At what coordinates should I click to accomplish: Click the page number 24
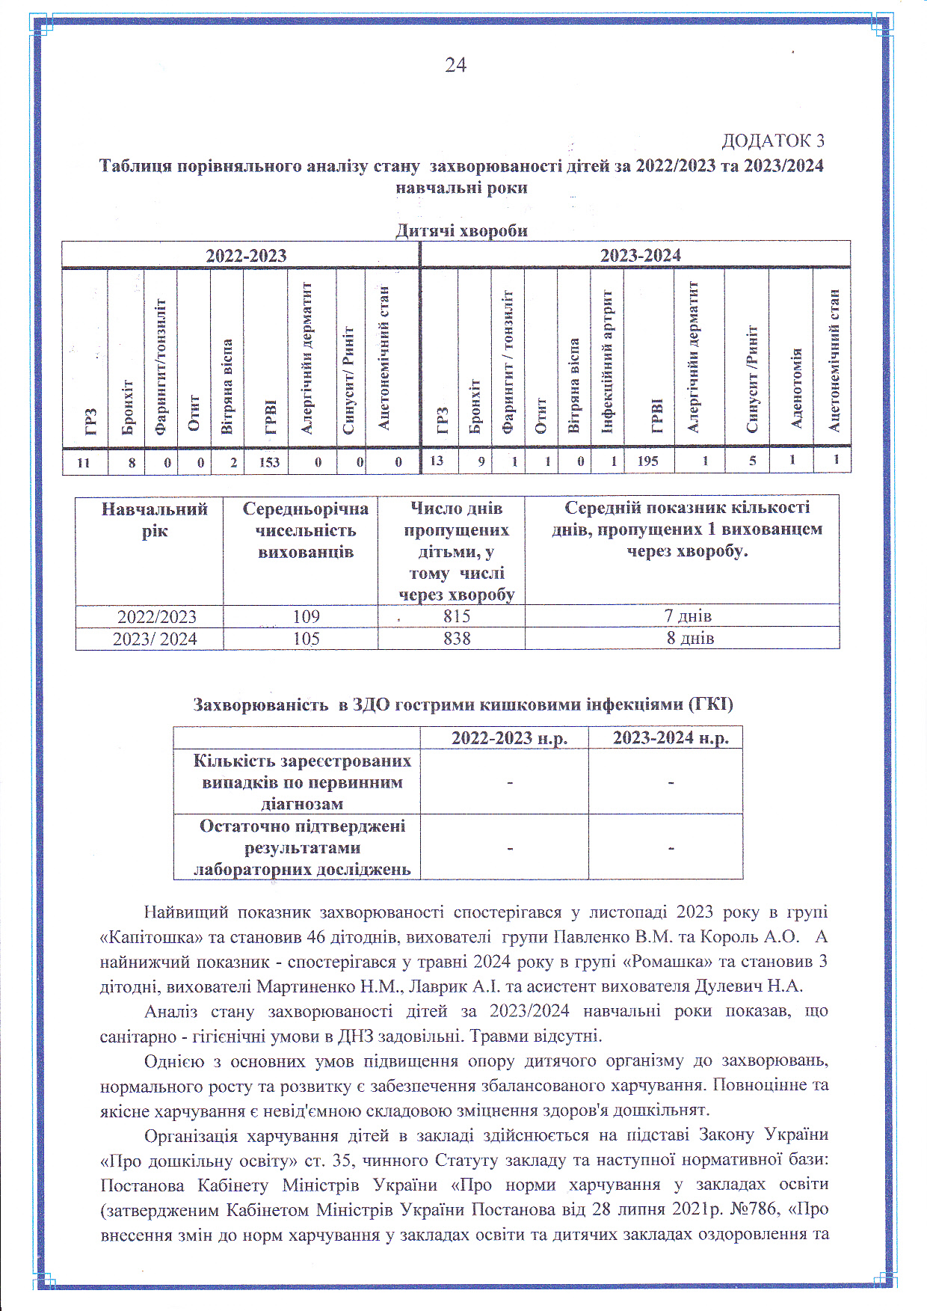(x=455, y=66)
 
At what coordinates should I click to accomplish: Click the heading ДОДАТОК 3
(x=772, y=141)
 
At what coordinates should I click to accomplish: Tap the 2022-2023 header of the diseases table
(x=246, y=256)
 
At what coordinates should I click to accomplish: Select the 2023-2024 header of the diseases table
(x=640, y=256)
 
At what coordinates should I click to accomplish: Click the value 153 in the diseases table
(x=269, y=462)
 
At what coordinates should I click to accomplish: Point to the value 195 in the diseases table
(x=647, y=461)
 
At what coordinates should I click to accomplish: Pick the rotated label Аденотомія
(x=796, y=387)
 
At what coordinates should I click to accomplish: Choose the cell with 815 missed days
(x=456, y=616)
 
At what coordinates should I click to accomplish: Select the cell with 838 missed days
(x=456, y=639)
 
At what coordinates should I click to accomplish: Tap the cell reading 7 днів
(x=688, y=616)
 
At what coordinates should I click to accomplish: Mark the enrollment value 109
(x=306, y=616)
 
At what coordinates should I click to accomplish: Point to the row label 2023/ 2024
(x=155, y=639)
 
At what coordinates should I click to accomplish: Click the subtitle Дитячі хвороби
(x=461, y=230)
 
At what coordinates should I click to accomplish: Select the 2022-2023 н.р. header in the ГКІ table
(x=509, y=738)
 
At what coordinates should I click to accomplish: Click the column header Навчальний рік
(x=154, y=520)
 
